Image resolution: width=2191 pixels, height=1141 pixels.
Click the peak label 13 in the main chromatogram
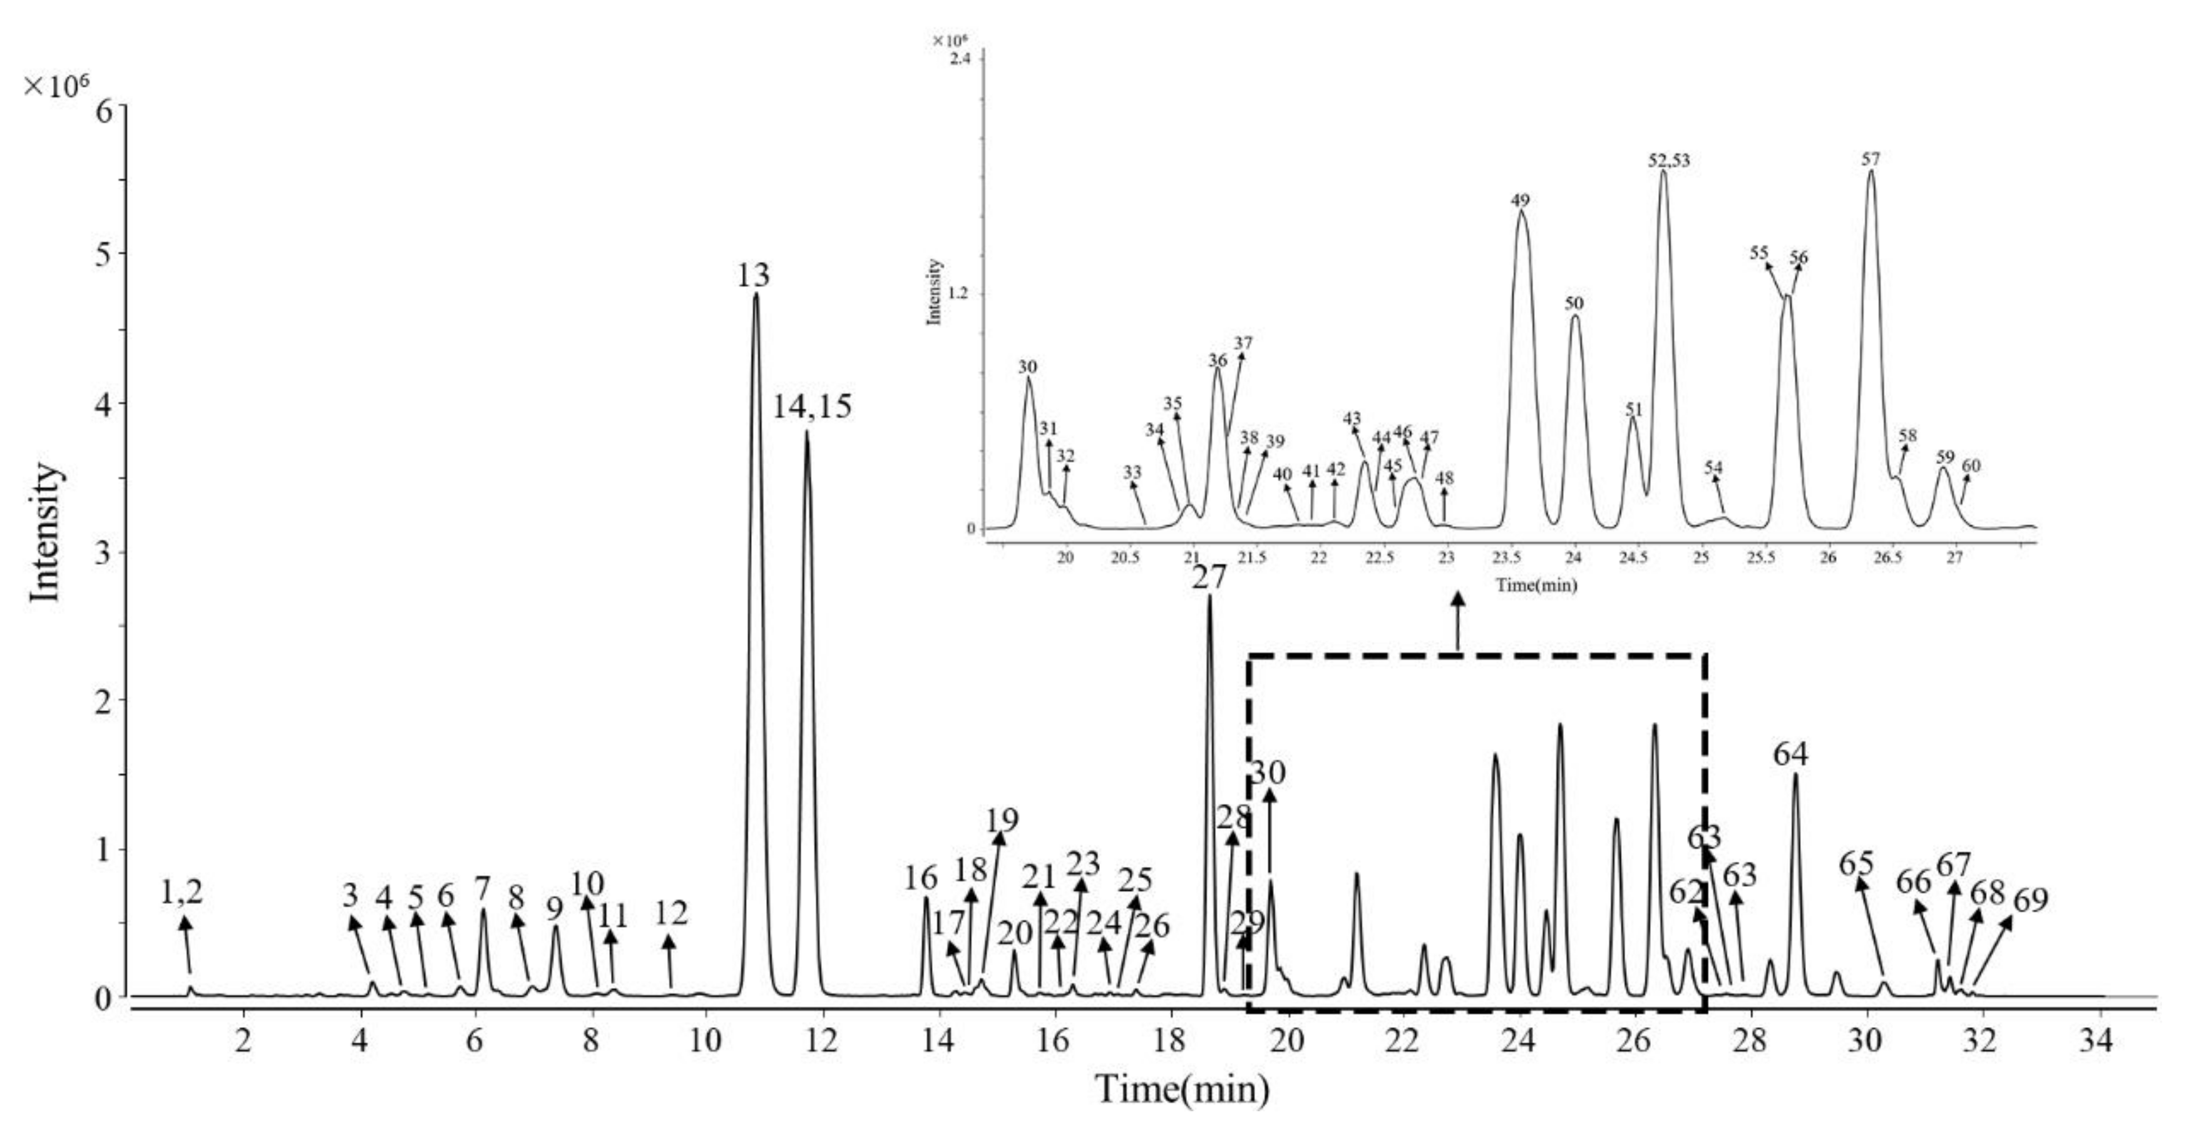[x=754, y=275]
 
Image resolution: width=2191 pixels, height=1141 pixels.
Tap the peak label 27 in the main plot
[x=1209, y=578]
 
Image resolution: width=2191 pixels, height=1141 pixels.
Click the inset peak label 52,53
[x=1669, y=160]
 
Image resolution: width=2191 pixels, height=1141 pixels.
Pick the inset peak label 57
[x=1870, y=159]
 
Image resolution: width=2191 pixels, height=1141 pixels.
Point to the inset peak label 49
[x=1520, y=201]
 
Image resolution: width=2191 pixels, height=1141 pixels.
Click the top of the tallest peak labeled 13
[x=756, y=295]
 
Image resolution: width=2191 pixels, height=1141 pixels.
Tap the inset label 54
[x=1713, y=468]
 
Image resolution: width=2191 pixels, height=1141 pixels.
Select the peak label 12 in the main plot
[x=671, y=914]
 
